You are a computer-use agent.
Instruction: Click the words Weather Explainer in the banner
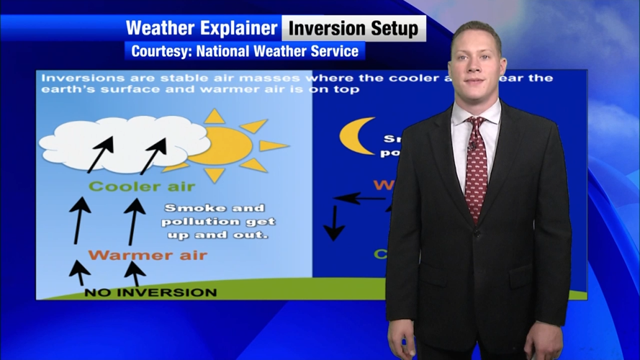(x=201, y=28)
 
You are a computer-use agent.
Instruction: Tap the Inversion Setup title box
(x=353, y=29)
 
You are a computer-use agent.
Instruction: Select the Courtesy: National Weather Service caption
(x=245, y=51)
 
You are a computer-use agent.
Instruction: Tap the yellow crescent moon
(x=356, y=136)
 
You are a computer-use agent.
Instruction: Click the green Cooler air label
(x=142, y=186)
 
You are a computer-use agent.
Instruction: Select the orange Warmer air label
(x=148, y=255)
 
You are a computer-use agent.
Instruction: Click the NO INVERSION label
(x=150, y=292)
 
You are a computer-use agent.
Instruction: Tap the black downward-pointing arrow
(x=333, y=222)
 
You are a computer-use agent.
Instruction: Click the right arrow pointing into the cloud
(x=153, y=154)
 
